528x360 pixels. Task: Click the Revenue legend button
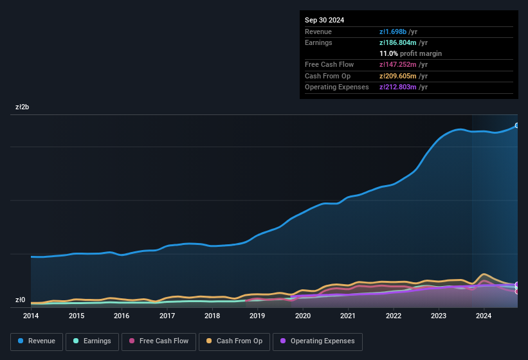[x=37, y=341]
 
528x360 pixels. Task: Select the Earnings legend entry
[x=93, y=341]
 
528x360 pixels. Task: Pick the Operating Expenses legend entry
[x=318, y=341]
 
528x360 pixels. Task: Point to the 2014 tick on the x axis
[x=31, y=316]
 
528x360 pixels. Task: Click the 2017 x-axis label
[x=167, y=316]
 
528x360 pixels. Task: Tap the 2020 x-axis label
[x=303, y=316]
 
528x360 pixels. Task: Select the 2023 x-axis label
[x=439, y=316]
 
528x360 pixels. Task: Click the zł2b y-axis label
[x=23, y=107]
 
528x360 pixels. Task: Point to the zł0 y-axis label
[x=21, y=300]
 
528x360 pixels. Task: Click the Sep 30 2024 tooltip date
[x=325, y=20]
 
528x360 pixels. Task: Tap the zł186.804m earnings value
[x=403, y=42]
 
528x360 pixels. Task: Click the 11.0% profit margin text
[x=410, y=53]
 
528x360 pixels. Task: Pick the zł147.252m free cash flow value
[x=403, y=65]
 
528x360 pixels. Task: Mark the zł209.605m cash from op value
[x=403, y=76]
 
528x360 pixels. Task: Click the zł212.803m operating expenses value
[x=403, y=87]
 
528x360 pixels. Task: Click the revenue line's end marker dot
[x=517, y=125]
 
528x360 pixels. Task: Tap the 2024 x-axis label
[x=484, y=316]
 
